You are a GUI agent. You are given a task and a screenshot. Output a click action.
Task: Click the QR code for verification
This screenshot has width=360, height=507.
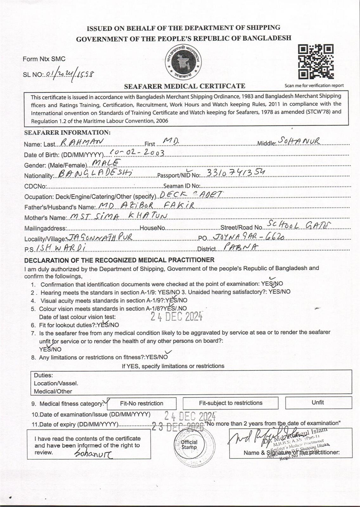pyautogui.click(x=316, y=62)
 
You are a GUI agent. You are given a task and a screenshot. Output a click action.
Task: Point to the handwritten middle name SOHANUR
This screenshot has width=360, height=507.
pyautogui.click(x=299, y=141)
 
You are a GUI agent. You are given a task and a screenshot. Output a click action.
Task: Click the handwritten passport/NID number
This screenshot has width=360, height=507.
pyautogui.click(x=235, y=172)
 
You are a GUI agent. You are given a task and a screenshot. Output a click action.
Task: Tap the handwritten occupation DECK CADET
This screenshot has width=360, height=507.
pyautogui.click(x=191, y=194)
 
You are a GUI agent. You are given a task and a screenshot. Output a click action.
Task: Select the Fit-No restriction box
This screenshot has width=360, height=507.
pyautogui.click(x=142, y=403)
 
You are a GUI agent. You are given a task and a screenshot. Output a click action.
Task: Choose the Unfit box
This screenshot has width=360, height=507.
pyautogui.click(x=318, y=402)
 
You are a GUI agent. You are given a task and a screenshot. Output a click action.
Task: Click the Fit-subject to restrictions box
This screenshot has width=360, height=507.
pyautogui.click(x=230, y=403)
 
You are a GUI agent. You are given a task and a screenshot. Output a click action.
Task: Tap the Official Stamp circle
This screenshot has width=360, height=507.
pyautogui.click(x=189, y=445)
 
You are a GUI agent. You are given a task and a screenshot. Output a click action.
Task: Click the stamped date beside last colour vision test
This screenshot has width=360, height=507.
pyautogui.click(x=176, y=316)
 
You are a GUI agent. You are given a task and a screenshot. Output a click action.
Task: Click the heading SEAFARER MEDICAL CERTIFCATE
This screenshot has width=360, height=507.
pyautogui.click(x=184, y=86)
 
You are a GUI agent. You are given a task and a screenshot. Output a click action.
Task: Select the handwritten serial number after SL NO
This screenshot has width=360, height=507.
pyautogui.click(x=70, y=74)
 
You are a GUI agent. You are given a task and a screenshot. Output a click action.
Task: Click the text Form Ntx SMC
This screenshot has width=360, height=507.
pyautogui.click(x=44, y=59)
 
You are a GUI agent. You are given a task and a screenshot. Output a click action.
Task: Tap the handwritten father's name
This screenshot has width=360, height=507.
pyautogui.click(x=146, y=206)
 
